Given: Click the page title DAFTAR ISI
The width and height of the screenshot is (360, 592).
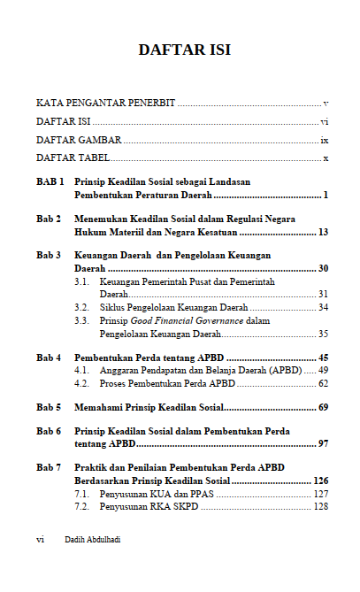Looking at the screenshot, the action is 184,50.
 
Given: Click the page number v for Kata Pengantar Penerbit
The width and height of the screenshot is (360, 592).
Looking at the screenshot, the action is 326,104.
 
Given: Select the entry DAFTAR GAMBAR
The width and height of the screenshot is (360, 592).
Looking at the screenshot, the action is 79,140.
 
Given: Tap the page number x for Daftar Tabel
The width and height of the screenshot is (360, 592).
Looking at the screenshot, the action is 326,158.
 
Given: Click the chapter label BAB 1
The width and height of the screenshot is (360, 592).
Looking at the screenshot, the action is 50,181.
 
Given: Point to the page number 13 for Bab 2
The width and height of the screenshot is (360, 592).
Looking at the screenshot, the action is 323,232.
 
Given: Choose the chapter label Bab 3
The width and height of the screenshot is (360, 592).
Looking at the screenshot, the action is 49,255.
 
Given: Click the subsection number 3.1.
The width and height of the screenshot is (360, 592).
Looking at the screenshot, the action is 82,281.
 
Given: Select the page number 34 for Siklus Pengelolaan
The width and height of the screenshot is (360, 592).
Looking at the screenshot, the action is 323,307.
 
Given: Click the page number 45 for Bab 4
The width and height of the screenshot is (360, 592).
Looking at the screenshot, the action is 323,358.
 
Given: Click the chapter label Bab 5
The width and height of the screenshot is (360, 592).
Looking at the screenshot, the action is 49,408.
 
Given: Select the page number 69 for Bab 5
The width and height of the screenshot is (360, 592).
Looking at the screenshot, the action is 323,408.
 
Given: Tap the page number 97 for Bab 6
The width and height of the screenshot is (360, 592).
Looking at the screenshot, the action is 323,442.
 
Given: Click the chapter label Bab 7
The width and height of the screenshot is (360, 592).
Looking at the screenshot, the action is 49,466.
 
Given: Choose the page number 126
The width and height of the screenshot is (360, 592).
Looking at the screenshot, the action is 320,481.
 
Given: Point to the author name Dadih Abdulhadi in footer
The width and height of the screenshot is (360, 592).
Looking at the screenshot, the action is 93,539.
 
